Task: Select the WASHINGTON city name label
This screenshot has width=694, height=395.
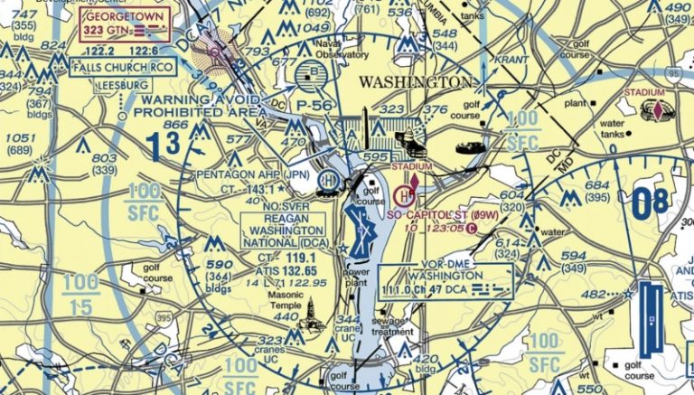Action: (415, 81)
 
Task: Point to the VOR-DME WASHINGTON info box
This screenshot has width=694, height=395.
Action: (445, 281)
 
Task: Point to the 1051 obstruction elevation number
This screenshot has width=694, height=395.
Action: (21, 137)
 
